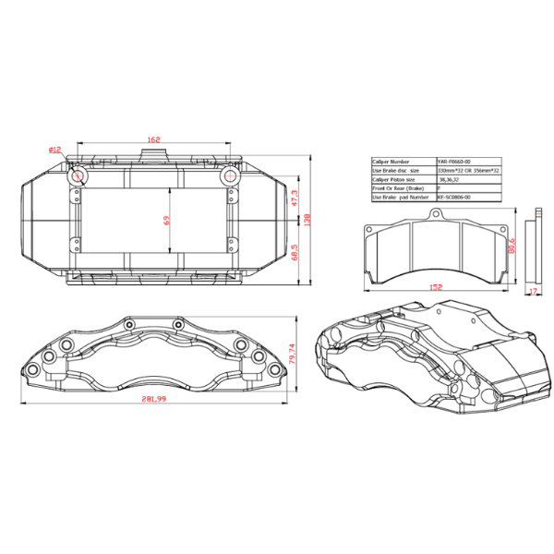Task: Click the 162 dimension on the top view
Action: coord(153,139)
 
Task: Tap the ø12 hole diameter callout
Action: coord(55,150)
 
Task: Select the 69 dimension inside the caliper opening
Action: coord(165,222)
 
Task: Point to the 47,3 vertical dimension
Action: coord(295,198)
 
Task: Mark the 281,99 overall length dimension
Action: coord(153,398)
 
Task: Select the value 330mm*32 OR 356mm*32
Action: coord(467,170)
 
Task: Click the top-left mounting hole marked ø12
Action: coord(78,174)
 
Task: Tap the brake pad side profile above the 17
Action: coord(531,249)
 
